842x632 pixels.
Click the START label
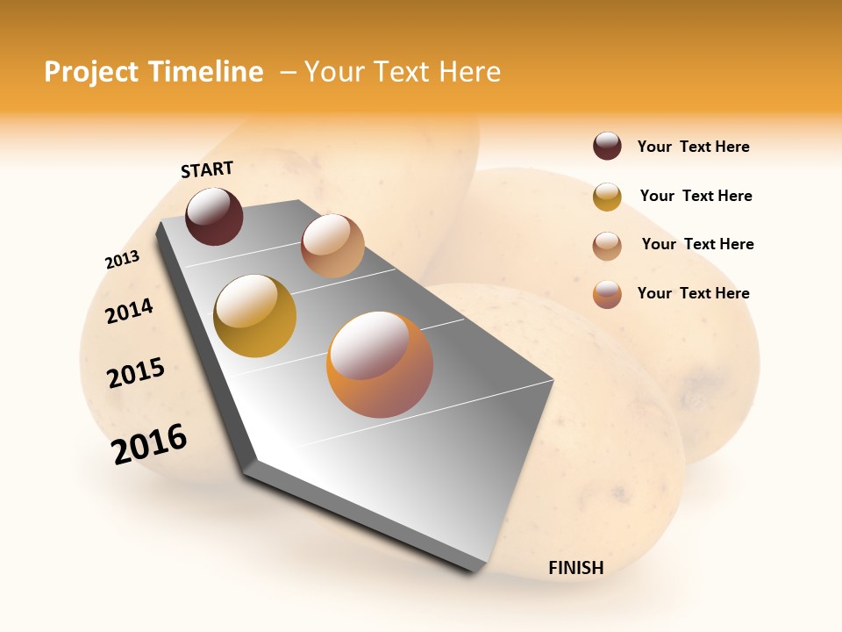pos(207,169)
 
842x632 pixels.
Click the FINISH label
pos(575,568)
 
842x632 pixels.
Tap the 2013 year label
pos(122,260)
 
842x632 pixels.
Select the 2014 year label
pos(130,311)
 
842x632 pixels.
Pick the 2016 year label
pos(149,443)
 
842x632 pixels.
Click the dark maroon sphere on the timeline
pos(214,216)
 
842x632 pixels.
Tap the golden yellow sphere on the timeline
pos(254,315)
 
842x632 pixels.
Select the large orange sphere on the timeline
pos(380,364)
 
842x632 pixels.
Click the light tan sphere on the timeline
pos(332,245)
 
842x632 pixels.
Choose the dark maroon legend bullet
pos(607,146)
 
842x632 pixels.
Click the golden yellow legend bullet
pos(607,197)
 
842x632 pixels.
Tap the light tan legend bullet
pos(607,246)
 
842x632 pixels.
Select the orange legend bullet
pos(607,294)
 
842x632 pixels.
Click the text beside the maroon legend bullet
pos(693,147)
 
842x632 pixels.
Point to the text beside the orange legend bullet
pos(693,293)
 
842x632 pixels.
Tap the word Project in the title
pos(91,72)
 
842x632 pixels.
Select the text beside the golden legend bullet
pos(696,196)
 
